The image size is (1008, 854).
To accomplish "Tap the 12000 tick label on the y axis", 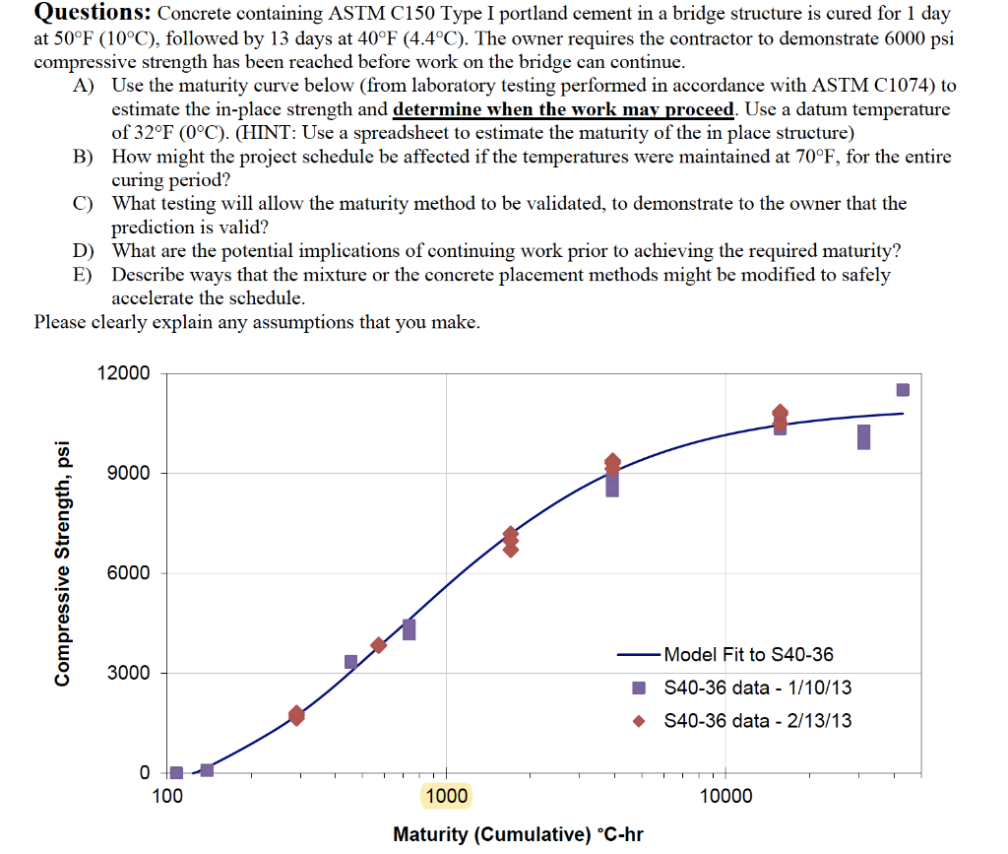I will coord(124,373).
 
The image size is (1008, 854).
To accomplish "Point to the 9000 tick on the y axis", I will coord(130,473).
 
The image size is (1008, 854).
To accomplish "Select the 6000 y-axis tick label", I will coord(130,573).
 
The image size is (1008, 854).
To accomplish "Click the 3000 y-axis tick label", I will coord(130,674).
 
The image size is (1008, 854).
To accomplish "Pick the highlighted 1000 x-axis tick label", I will coord(446,795).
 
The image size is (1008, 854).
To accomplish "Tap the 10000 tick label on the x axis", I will coord(725,795).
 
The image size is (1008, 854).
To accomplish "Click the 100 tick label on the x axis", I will coord(168,795).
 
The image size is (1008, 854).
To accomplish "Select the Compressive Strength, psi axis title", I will coord(64,561).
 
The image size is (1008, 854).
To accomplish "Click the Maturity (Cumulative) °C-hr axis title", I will coord(518,834).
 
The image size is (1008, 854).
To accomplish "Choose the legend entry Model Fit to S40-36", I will coord(748,654).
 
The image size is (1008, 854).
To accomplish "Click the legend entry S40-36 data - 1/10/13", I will coord(758,688).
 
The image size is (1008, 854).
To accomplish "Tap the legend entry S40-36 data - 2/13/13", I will coord(758,721).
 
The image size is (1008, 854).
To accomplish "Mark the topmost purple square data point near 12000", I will coord(903,390).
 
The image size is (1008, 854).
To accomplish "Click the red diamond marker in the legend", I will coord(639,721).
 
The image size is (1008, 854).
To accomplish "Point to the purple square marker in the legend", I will coord(639,688).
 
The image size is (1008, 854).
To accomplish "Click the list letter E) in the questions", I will coord(84,275).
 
